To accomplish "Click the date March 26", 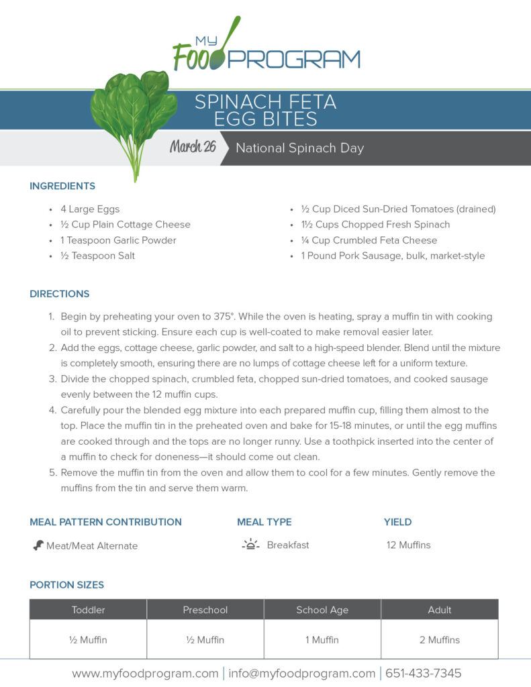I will (x=193, y=147).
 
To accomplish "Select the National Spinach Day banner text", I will (x=299, y=148).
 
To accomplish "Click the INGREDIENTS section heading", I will (x=62, y=186).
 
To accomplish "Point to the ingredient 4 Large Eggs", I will (x=90, y=209).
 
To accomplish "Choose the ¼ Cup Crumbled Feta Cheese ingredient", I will (x=369, y=240).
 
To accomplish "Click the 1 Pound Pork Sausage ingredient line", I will (x=393, y=256).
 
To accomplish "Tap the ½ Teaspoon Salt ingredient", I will (x=97, y=256).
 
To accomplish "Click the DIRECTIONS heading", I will (x=59, y=294).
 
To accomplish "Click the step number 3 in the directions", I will (x=52, y=379).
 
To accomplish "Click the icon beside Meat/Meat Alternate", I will (x=38, y=545).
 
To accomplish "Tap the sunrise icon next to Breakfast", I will (x=250, y=545).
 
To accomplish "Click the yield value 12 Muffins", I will (x=408, y=545).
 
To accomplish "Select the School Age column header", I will (x=322, y=610).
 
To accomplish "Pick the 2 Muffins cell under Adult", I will (x=440, y=639).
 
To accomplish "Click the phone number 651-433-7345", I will (x=423, y=673).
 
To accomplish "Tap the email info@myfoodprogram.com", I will (x=301, y=673).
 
